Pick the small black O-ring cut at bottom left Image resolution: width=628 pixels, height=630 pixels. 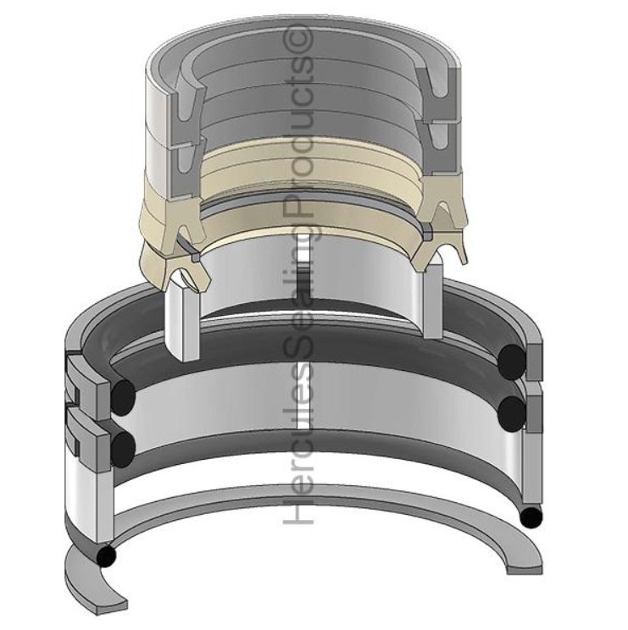[106, 555]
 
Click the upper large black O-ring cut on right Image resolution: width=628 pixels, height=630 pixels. [511, 362]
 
